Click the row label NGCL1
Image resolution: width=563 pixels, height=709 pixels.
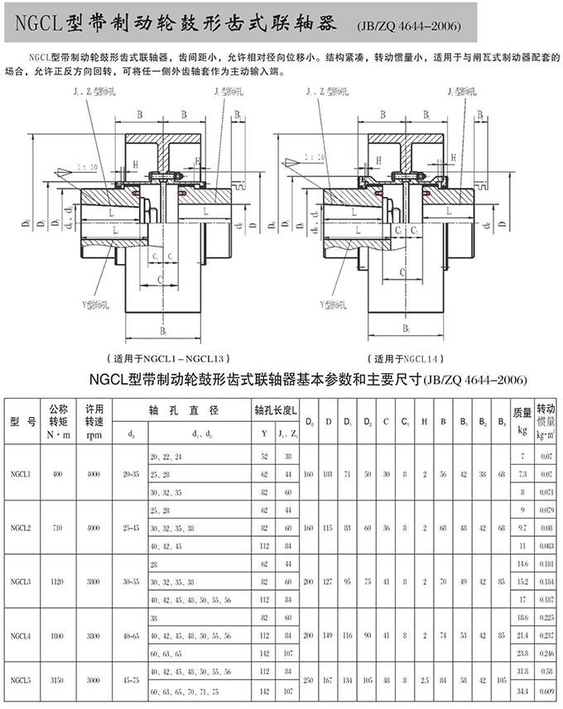pyautogui.click(x=22, y=474)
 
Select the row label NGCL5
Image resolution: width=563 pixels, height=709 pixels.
pyautogui.click(x=22, y=680)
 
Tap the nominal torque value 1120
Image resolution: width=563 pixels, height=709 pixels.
pyautogui.click(x=57, y=581)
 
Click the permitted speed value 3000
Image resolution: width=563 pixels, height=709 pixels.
pyautogui.click(x=94, y=680)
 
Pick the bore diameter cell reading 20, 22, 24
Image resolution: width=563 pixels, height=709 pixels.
pyautogui.click(x=166, y=457)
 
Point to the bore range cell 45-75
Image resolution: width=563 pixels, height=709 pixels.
pyautogui.click(x=131, y=680)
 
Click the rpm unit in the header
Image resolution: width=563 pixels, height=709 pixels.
pyautogui.click(x=94, y=433)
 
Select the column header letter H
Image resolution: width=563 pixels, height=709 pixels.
pyautogui.click(x=424, y=422)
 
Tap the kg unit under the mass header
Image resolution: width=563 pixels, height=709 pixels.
pyautogui.click(x=522, y=430)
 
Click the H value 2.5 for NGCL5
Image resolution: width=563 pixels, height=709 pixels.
pyautogui.click(x=424, y=680)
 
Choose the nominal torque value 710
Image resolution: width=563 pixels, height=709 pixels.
pyautogui.click(x=57, y=527)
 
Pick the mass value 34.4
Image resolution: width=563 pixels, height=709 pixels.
pyautogui.click(x=522, y=689)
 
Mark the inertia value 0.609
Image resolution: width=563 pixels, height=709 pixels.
pyautogui.click(x=546, y=689)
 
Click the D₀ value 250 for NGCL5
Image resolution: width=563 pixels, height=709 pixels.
pyautogui.click(x=310, y=680)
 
